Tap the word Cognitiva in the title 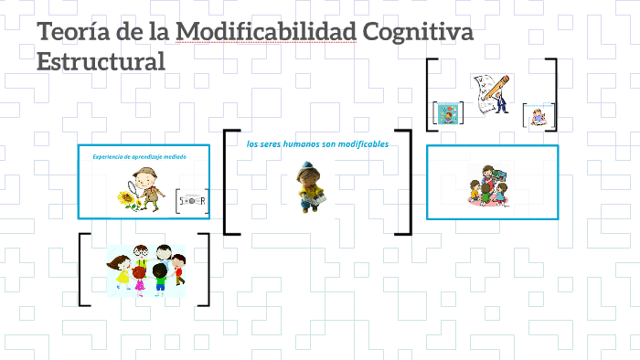[418, 34]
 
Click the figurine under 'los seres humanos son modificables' [307, 186]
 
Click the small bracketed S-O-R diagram [192, 200]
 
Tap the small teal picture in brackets [447, 112]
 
